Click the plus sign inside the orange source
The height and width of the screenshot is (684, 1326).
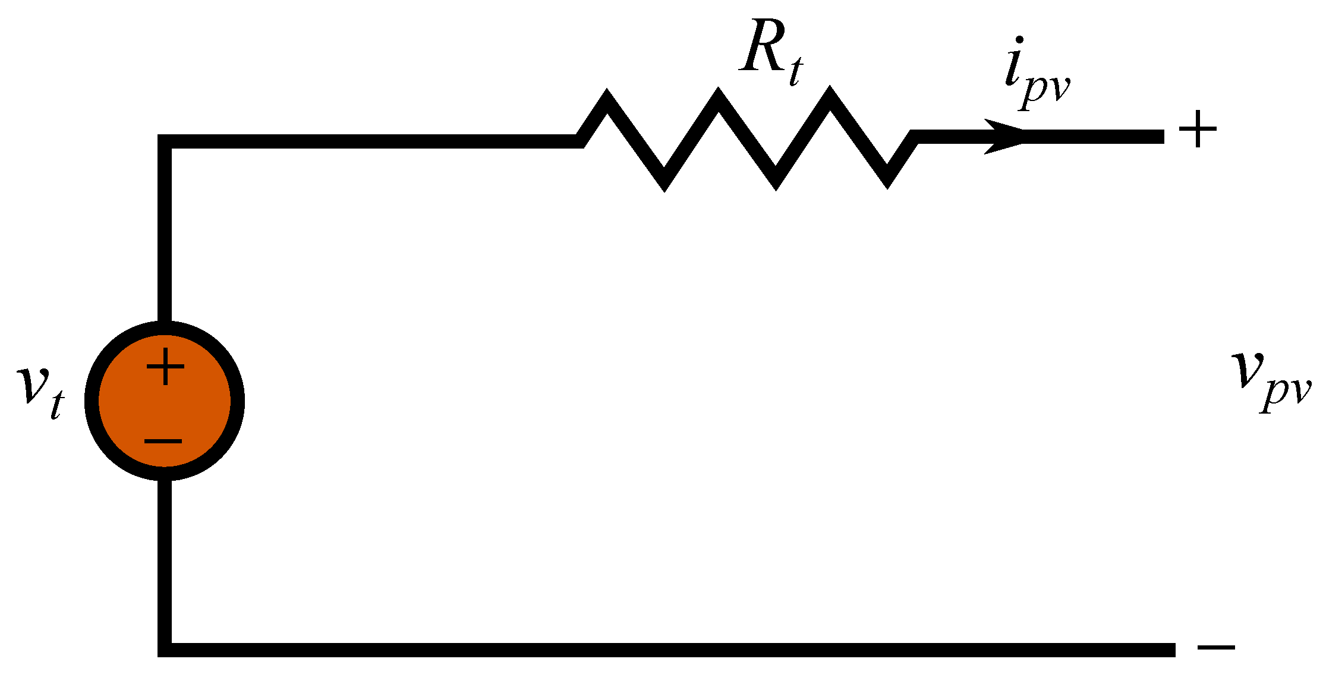click(x=165, y=366)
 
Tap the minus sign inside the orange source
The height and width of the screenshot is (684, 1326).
click(x=163, y=441)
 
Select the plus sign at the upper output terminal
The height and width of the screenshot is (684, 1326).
click(x=1198, y=129)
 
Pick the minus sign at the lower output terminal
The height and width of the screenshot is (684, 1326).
click(x=1216, y=648)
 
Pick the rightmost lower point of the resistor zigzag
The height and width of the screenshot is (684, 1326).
click(x=887, y=181)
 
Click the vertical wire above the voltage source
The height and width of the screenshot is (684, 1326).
click(x=165, y=232)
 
